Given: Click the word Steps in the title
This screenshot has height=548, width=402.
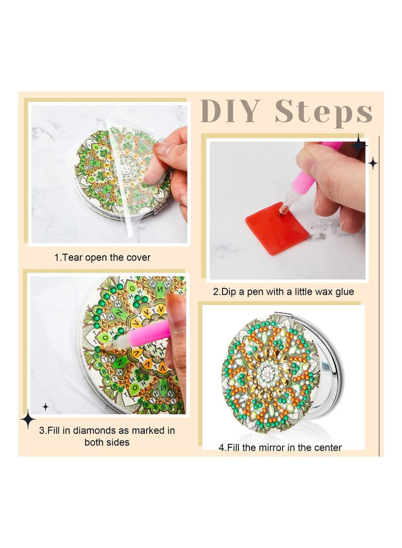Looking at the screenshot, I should (x=324, y=113).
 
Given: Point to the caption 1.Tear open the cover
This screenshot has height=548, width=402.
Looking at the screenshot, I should (x=102, y=258).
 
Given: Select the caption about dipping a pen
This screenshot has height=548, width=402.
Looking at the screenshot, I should (x=283, y=291).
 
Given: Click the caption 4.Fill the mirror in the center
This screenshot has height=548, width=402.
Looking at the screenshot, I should (x=280, y=447).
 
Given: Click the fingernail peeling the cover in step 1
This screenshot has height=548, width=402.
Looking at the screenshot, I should (x=163, y=149).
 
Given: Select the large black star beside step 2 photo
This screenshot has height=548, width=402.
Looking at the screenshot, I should (x=358, y=146).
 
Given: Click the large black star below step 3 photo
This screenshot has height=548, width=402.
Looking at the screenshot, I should (x=28, y=419).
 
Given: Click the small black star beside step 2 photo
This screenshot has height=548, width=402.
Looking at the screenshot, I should (x=373, y=163).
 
